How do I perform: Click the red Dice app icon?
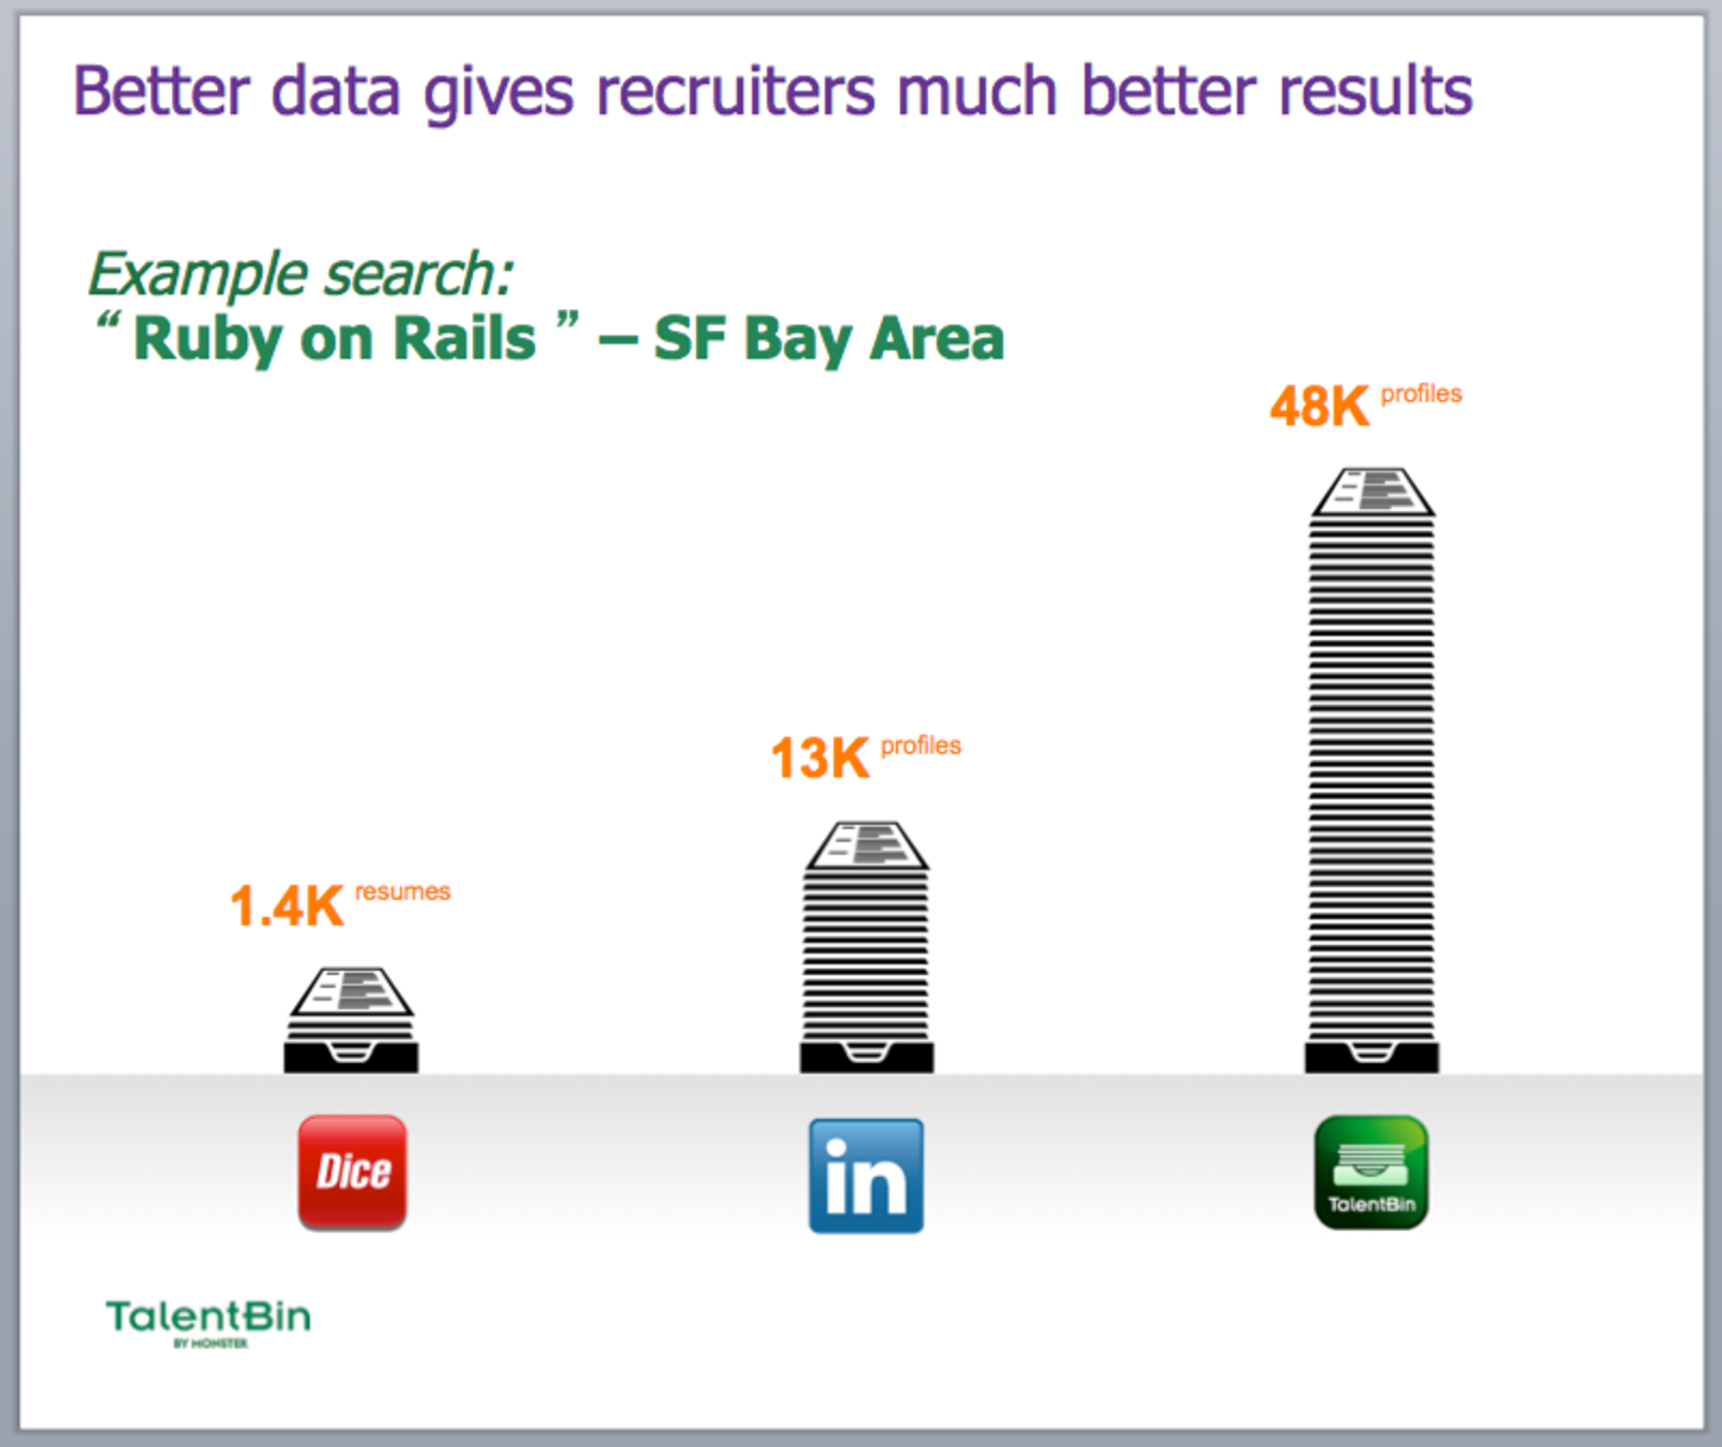353,1172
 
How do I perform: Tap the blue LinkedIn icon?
866,1176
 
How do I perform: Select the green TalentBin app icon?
1371,1172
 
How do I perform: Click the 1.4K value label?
287,905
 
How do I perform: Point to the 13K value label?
820,758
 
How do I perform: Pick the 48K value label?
1320,406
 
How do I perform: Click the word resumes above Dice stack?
403,891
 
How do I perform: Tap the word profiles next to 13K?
921,745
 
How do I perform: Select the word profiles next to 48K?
1421,394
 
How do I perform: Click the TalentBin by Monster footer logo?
209,1321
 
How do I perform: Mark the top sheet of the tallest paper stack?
1373,492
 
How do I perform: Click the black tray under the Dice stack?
351,1056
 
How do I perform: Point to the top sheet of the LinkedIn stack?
867,845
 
